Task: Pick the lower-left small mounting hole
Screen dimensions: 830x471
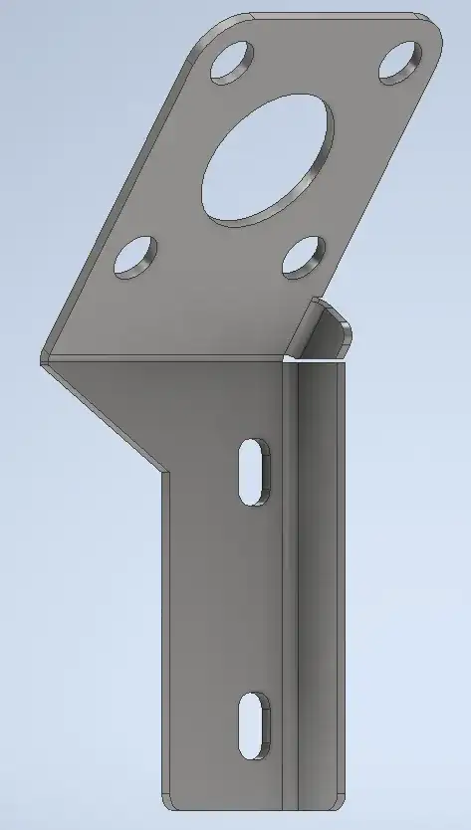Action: coord(135,257)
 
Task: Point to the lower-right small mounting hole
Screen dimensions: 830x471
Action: coord(304,256)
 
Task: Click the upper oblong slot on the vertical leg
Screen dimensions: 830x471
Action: coord(254,471)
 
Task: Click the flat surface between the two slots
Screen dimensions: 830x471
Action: coord(224,597)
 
